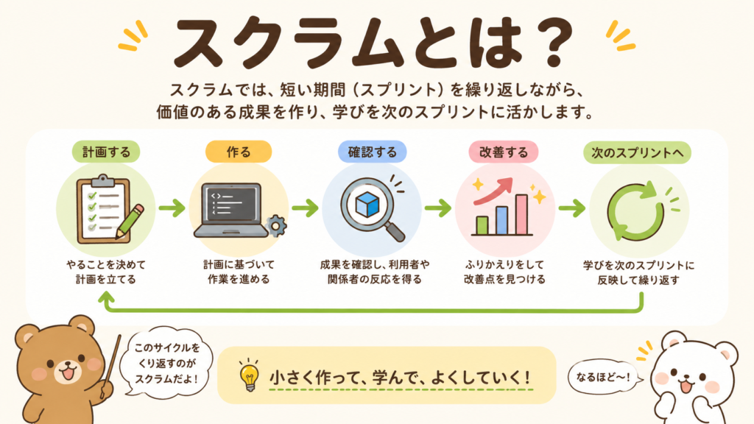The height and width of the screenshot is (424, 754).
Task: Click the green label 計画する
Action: coord(106,152)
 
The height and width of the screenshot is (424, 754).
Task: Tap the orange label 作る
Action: coord(239,152)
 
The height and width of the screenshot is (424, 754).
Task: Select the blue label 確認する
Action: coord(372,152)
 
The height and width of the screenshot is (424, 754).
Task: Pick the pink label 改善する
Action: coord(504,152)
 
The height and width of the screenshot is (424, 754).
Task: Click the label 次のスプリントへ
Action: coord(637,152)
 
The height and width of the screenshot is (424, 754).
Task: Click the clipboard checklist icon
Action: coord(103,209)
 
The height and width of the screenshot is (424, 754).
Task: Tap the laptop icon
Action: coord(231,211)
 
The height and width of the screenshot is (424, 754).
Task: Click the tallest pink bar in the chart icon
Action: coord(522,214)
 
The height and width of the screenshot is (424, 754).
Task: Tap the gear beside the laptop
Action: coord(276,225)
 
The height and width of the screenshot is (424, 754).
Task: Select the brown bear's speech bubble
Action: coord(166,362)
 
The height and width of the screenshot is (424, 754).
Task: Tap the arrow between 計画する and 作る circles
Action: coord(172,208)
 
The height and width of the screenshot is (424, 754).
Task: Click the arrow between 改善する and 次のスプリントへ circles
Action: coord(571,208)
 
